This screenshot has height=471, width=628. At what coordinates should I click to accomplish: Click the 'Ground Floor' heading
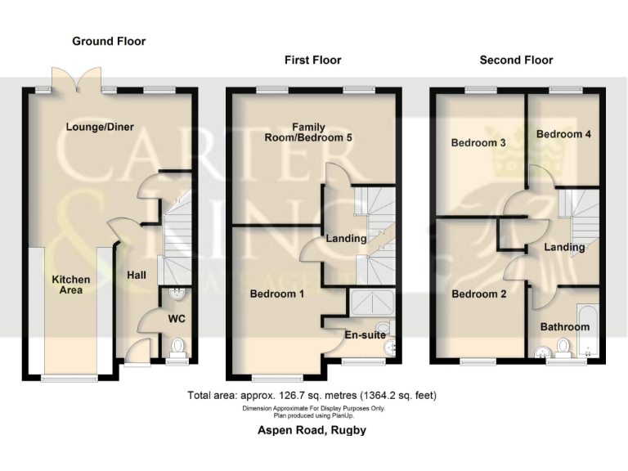coord(109,41)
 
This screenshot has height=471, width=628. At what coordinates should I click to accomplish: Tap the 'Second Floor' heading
coord(516,60)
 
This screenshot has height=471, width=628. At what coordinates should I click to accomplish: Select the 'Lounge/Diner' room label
coord(101,127)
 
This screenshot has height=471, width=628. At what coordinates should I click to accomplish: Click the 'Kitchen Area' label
coord(71,285)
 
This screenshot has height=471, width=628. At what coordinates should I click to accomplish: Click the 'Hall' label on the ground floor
coord(136,276)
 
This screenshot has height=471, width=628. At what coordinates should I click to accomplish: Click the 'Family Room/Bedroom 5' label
coord(309,132)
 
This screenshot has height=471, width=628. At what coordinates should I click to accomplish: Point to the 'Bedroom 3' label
coord(478,143)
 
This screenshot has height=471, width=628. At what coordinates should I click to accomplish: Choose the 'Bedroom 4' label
coord(563,134)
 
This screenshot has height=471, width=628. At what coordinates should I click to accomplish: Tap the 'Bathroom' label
coord(564,327)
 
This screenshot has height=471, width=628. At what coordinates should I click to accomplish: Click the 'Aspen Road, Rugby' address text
coord(314,430)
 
